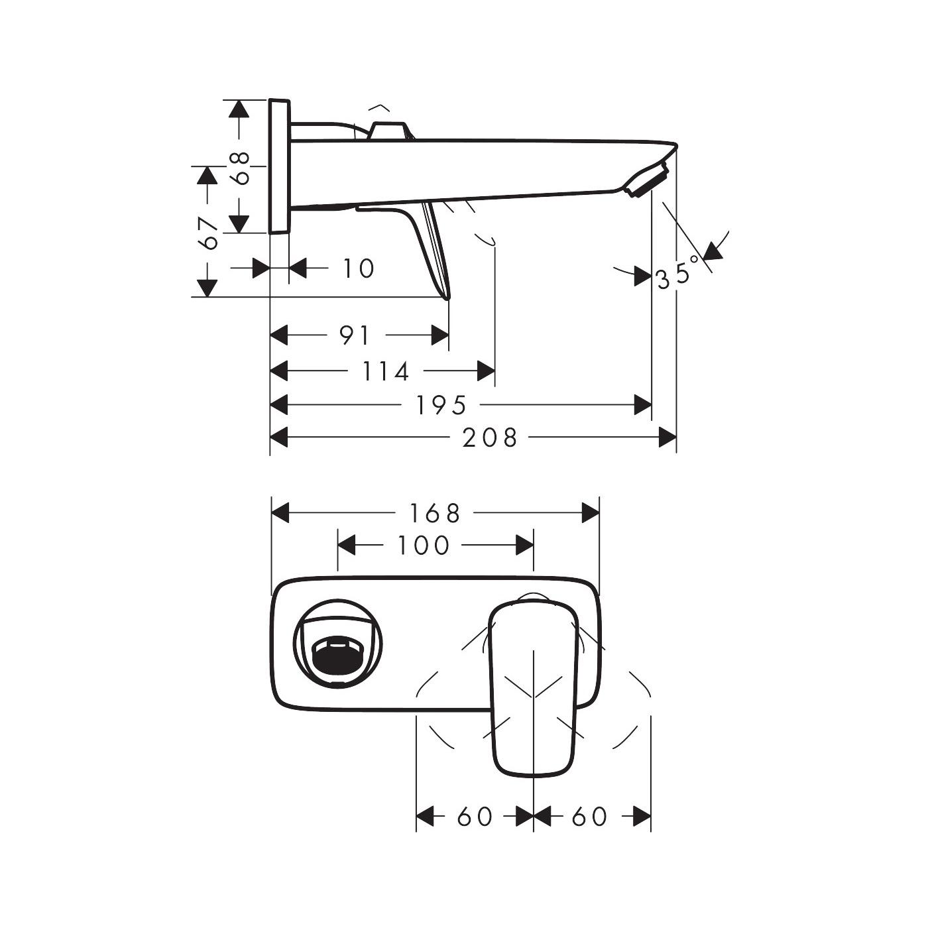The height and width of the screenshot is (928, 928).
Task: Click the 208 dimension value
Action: pyautogui.click(x=490, y=437)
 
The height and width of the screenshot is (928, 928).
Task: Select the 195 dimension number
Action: pyautogui.click(x=441, y=404)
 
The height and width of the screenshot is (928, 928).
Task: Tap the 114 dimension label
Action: pyautogui.click(x=386, y=371)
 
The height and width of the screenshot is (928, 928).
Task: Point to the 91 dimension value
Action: pyautogui.click(x=355, y=335)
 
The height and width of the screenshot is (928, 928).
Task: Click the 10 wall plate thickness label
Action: pyautogui.click(x=358, y=268)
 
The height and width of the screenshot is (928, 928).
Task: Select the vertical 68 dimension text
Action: pyautogui.click(x=241, y=167)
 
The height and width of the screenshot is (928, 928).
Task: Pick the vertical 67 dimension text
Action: pyautogui.click(x=208, y=232)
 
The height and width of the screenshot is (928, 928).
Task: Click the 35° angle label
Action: pyautogui.click(x=677, y=272)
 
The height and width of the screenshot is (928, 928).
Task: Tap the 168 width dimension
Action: pyautogui.click(x=434, y=512)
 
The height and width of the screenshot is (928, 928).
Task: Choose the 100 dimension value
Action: pyautogui.click(x=424, y=546)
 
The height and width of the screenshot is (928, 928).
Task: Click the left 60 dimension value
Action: pyautogui.click(x=475, y=817)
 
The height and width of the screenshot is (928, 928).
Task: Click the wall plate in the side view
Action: pyautogui.click(x=279, y=166)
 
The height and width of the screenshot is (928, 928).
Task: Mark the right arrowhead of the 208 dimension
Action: pyautogui.click(x=667, y=437)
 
